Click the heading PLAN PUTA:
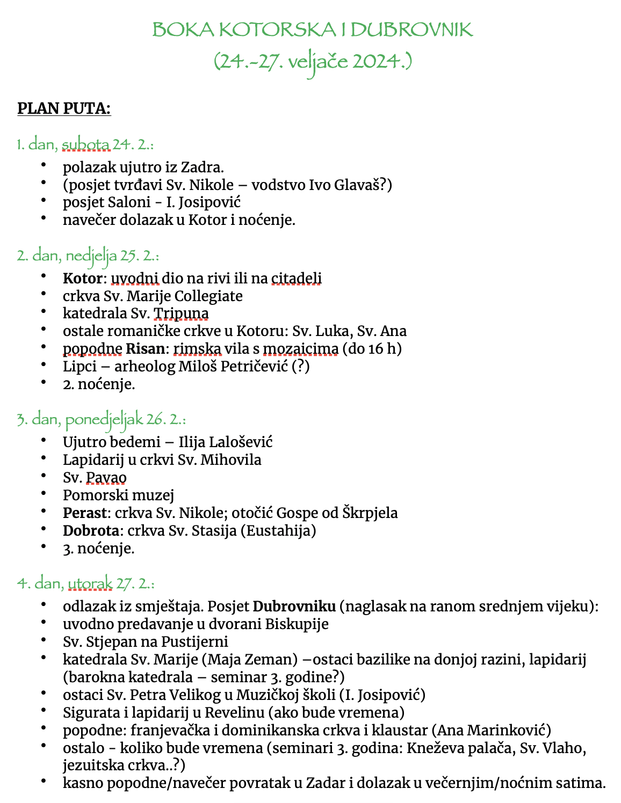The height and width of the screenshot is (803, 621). click(64, 108)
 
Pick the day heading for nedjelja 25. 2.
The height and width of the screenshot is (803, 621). click(88, 255)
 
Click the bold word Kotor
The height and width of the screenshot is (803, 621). click(82, 279)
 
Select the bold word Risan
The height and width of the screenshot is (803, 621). click(145, 349)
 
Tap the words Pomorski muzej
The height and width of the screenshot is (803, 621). click(118, 495)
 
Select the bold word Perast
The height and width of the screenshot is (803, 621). click(84, 513)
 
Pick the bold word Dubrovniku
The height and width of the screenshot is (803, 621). click(294, 607)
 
